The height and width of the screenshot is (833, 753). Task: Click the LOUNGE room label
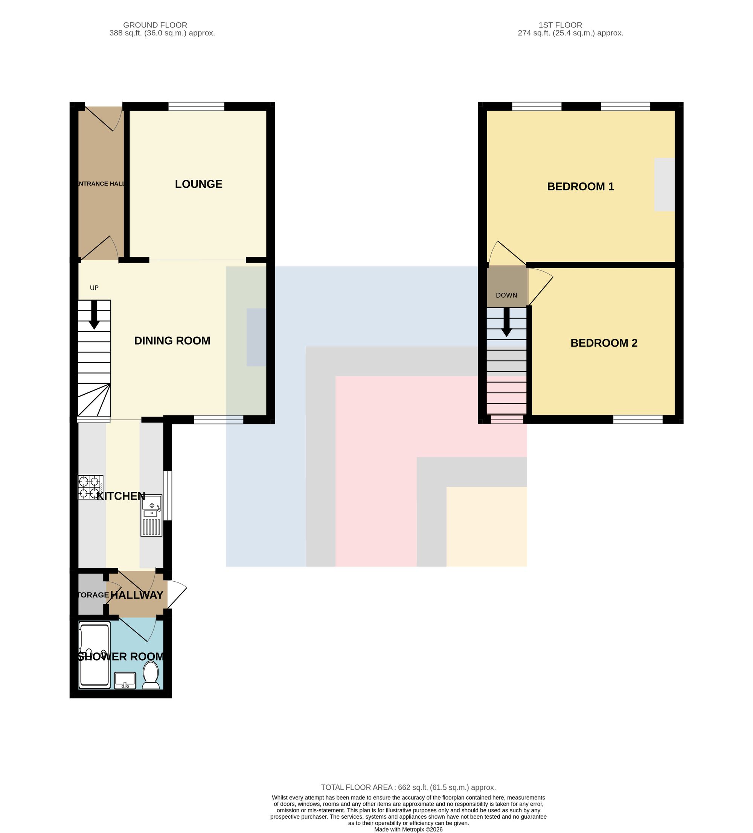tap(198, 184)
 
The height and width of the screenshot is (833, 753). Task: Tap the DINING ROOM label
tap(172, 340)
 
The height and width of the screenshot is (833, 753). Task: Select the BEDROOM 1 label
tap(581, 186)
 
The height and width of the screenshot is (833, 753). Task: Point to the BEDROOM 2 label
tap(604, 343)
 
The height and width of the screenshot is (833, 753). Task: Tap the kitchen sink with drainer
tap(151, 515)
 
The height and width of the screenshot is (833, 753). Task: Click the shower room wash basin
tap(125, 680)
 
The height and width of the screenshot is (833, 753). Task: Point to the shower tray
tap(95, 655)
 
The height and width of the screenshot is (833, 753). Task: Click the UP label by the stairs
tap(94, 288)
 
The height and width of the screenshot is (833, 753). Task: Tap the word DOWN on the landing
tap(506, 295)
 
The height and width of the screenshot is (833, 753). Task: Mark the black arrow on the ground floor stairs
tap(94, 315)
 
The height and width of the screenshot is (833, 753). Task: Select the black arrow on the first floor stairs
tap(506, 322)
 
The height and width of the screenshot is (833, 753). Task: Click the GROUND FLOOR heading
tap(155, 25)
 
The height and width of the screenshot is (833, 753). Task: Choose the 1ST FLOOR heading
tap(560, 25)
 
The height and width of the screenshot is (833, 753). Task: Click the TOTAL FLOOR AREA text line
tap(409, 787)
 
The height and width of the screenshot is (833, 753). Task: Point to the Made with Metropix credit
tap(409, 829)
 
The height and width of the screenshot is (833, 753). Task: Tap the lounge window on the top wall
tap(197, 106)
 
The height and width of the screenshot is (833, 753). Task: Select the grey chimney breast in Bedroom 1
tap(665, 185)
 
